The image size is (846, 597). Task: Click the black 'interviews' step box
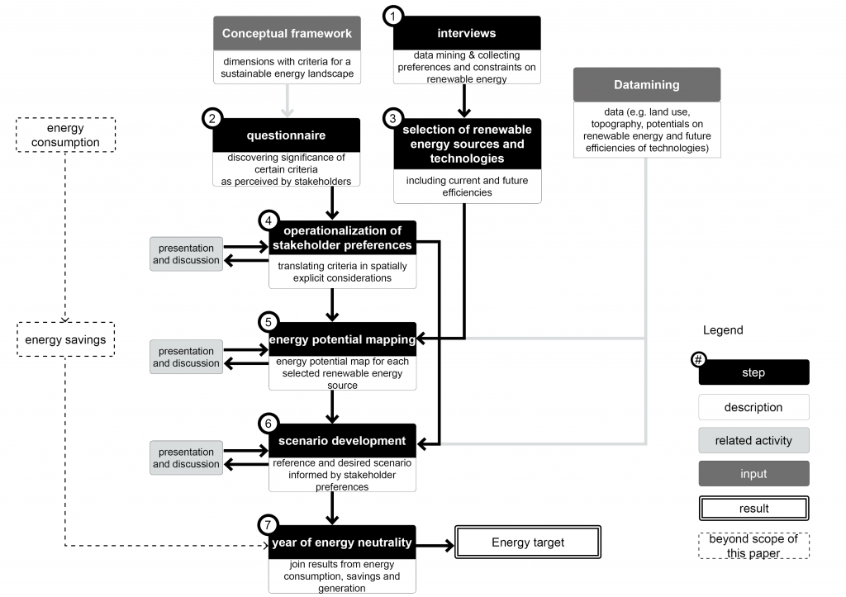[x=467, y=33]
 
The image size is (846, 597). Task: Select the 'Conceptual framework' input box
[x=287, y=34]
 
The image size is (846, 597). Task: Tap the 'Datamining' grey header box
[x=647, y=85]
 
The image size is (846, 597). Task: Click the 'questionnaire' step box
[x=285, y=135]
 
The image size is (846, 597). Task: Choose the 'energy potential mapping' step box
[x=342, y=339]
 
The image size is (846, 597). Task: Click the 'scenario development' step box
[x=342, y=441]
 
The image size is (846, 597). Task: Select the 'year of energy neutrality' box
[x=342, y=543]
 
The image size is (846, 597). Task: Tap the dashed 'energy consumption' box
[x=65, y=135]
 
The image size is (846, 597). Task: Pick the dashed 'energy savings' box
[x=65, y=340]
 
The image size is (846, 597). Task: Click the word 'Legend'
[x=723, y=329]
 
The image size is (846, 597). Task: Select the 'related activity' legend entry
[x=753, y=440]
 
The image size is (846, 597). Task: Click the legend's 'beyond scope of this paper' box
[x=753, y=546]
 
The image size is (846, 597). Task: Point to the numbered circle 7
[x=267, y=525]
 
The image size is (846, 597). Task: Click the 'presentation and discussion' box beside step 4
[x=186, y=254]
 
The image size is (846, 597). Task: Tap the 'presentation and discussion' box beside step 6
[x=186, y=457]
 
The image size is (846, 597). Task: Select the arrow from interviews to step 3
[x=465, y=101]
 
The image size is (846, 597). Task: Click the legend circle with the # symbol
[x=698, y=361]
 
